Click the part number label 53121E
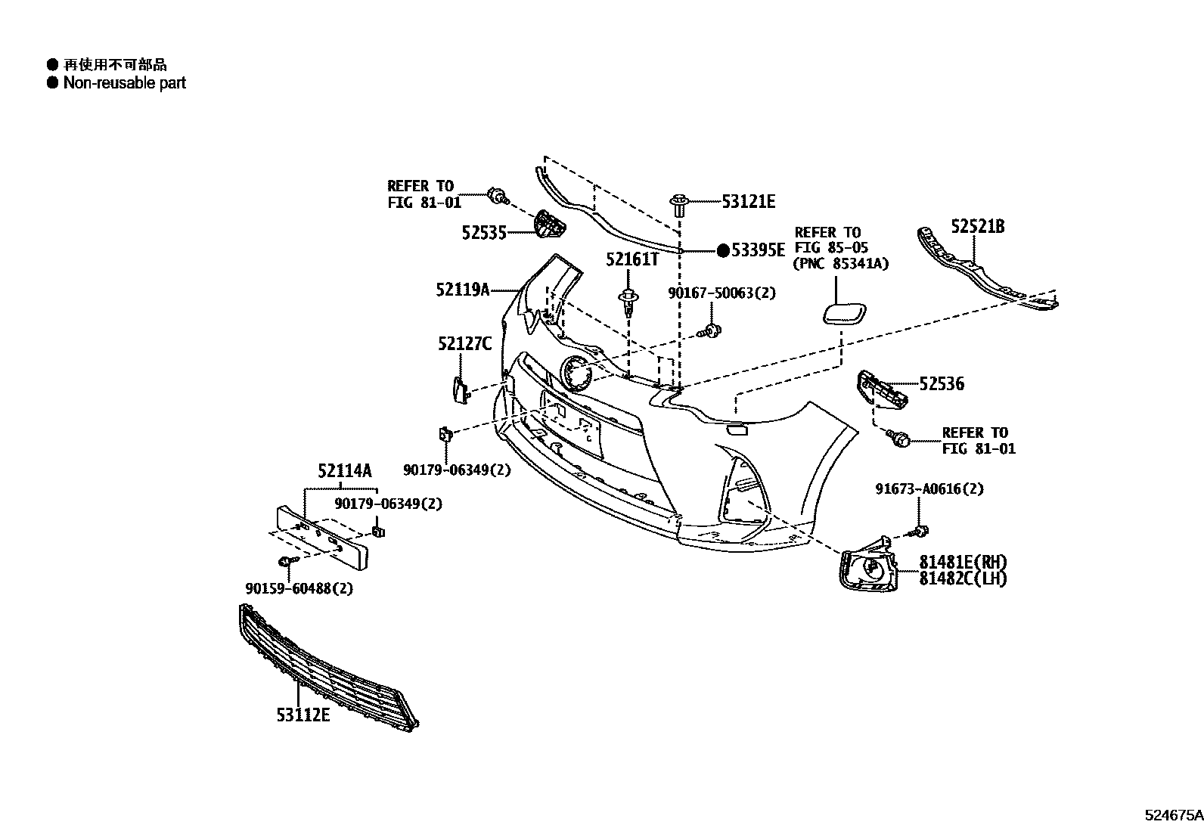tap(748, 202)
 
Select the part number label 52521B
tap(978, 226)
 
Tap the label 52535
tap(484, 233)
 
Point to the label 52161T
tap(632, 259)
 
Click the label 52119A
tap(463, 290)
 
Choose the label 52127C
tap(464, 343)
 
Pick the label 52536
tap(942, 384)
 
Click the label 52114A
tap(345, 471)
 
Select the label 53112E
tap(303, 715)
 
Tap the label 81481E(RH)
tap(963, 563)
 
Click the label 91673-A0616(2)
tap(929, 489)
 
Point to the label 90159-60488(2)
tap(299, 588)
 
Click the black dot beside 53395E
tap(724, 250)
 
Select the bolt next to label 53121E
tap(678, 206)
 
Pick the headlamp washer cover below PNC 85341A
tap(844, 313)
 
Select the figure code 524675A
tap(1174, 815)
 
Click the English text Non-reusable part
tap(125, 82)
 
